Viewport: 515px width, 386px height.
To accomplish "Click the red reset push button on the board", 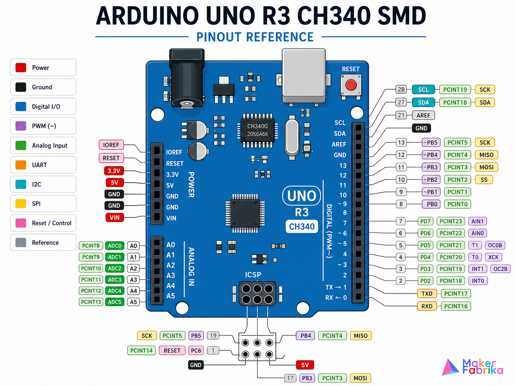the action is [x=351, y=85].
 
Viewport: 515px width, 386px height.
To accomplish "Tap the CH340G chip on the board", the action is [x=257, y=130].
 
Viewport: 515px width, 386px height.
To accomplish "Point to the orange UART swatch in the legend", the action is [x=21, y=165].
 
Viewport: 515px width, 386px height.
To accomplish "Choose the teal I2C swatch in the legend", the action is [x=21, y=184].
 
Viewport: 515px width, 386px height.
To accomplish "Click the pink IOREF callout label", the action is [x=111, y=145].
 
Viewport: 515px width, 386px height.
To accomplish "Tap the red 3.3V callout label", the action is [x=114, y=171].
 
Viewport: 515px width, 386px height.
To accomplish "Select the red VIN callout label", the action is [x=115, y=218].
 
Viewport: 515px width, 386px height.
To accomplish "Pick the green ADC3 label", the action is [x=115, y=280].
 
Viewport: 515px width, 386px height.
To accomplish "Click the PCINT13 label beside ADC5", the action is [x=91, y=302].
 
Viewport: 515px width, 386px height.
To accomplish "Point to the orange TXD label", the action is [x=427, y=294].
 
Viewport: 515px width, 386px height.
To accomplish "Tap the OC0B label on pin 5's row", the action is [x=495, y=245].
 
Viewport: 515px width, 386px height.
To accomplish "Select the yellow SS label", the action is [x=484, y=180].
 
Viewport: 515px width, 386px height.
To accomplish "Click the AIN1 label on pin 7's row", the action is [x=477, y=221].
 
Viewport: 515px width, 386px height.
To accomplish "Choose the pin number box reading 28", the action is [x=401, y=89].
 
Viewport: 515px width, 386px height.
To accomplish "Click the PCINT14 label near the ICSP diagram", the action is [x=142, y=350].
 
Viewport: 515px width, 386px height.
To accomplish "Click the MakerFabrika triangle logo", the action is [x=450, y=367].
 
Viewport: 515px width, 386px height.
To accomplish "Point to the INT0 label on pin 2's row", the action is [x=478, y=281].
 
